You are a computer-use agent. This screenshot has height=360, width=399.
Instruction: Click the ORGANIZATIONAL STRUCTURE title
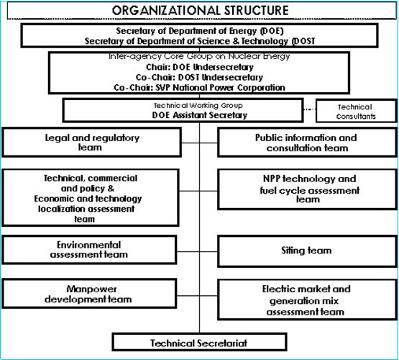(201, 11)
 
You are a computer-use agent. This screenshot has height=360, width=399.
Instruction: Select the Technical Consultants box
(357, 111)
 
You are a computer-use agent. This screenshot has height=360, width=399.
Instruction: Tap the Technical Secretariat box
(200, 342)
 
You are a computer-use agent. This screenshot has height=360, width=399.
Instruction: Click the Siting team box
(307, 251)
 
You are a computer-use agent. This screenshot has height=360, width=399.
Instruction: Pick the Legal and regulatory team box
(91, 142)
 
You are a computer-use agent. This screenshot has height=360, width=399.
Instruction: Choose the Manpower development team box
(89, 294)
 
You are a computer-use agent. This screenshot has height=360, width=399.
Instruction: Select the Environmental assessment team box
(89, 250)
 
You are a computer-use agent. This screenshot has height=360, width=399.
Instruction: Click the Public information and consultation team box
(307, 143)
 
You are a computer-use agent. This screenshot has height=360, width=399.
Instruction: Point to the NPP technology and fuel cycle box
(307, 189)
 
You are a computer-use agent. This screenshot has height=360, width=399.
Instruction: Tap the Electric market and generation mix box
(307, 300)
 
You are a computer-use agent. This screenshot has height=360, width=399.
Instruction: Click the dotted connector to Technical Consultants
(310, 109)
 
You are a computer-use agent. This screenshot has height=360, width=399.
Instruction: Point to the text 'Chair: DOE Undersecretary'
(200, 67)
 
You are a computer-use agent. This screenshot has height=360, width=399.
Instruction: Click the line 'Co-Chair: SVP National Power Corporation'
(200, 87)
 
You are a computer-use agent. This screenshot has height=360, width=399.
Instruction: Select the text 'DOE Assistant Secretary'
(200, 115)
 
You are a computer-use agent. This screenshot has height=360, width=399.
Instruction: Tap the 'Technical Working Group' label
(198, 105)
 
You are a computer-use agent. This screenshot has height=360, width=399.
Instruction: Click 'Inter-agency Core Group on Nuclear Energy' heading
(199, 56)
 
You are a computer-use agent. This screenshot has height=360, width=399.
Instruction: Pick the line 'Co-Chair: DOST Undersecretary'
(200, 77)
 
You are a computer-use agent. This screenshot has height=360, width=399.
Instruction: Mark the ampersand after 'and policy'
(111, 189)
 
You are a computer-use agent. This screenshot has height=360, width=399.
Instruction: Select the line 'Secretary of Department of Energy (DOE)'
(200, 31)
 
